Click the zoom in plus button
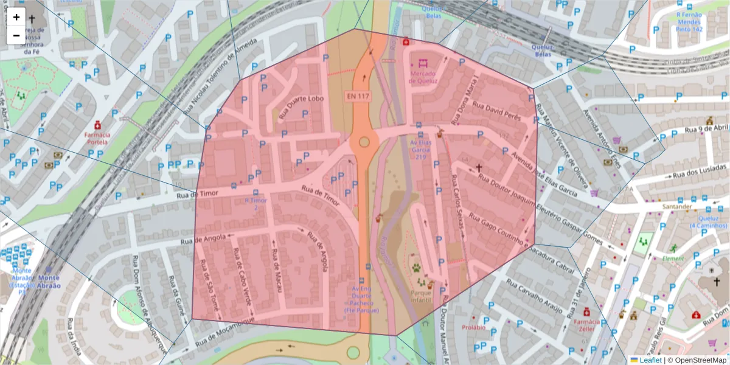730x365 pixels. (16, 17)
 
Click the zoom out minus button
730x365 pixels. (16, 35)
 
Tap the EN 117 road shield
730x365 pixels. (358, 96)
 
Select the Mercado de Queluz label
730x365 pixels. (423, 78)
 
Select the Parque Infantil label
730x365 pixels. (421, 297)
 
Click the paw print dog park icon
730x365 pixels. (416, 268)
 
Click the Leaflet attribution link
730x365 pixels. (650, 360)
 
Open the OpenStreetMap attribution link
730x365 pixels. (697, 360)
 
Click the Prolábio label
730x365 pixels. (473, 327)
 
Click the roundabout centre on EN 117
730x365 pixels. (364, 142)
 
